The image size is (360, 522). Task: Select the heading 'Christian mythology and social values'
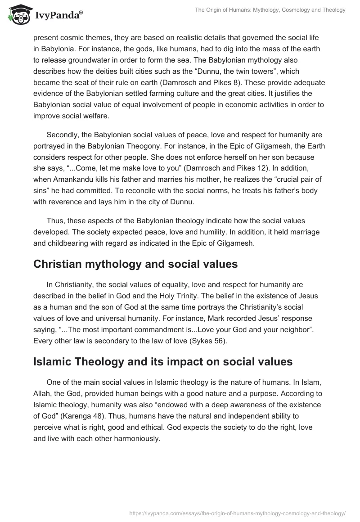(135, 264)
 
